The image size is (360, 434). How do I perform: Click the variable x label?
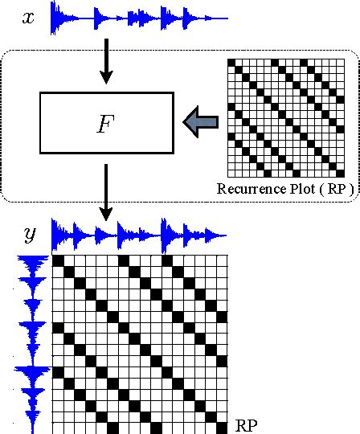click(x=28, y=17)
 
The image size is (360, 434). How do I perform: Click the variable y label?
click(x=30, y=235)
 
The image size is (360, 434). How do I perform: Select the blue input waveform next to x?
click(x=138, y=17)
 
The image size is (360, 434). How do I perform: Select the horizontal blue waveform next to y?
click(x=139, y=234)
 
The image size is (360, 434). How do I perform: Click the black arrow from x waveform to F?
click(x=105, y=63)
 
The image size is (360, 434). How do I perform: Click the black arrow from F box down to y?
click(x=105, y=193)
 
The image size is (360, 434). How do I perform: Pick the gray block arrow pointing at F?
click(x=201, y=122)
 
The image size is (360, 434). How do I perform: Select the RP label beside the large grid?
click(x=247, y=423)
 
